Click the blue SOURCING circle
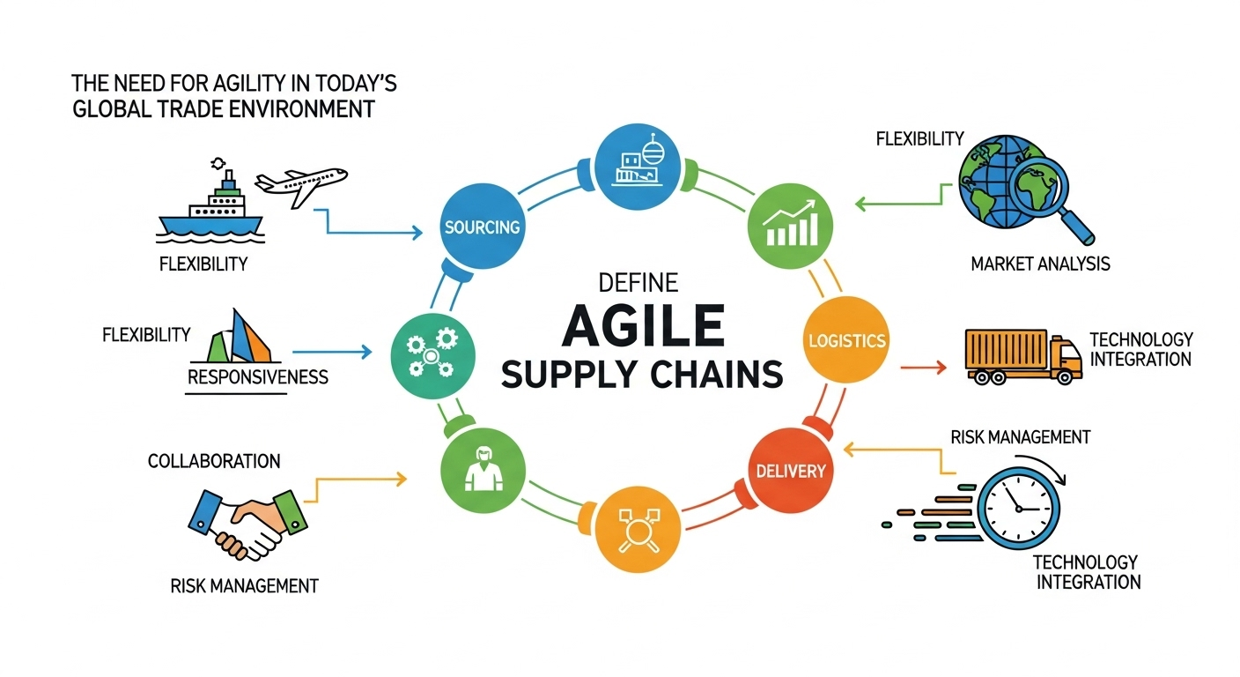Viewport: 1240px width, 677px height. pyautogui.click(x=482, y=227)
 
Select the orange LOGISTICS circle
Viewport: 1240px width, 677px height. pyautogui.click(x=845, y=340)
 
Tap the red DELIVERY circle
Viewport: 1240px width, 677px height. pyautogui.click(x=791, y=470)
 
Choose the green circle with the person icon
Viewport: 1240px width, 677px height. pyautogui.click(x=482, y=467)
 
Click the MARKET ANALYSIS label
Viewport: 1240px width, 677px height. pyautogui.click(x=1039, y=264)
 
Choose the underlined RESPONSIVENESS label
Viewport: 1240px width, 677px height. pyautogui.click(x=258, y=377)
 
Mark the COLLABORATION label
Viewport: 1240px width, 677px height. pyautogui.click(x=214, y=461)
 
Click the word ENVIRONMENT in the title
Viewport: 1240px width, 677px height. pyautogui.click(x=301, y=110)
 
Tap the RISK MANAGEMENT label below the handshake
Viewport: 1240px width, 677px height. pyautogui.click(x=243, y=585)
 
